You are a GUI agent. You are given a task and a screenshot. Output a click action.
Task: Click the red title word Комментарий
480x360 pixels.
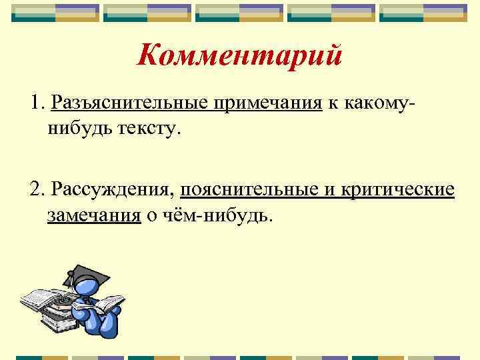(x=239, y=55)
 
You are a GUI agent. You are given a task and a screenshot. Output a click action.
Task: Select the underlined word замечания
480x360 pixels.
(x=94, y=215)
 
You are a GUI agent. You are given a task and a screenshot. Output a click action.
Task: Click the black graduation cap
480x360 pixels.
(x=84, y=274)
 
